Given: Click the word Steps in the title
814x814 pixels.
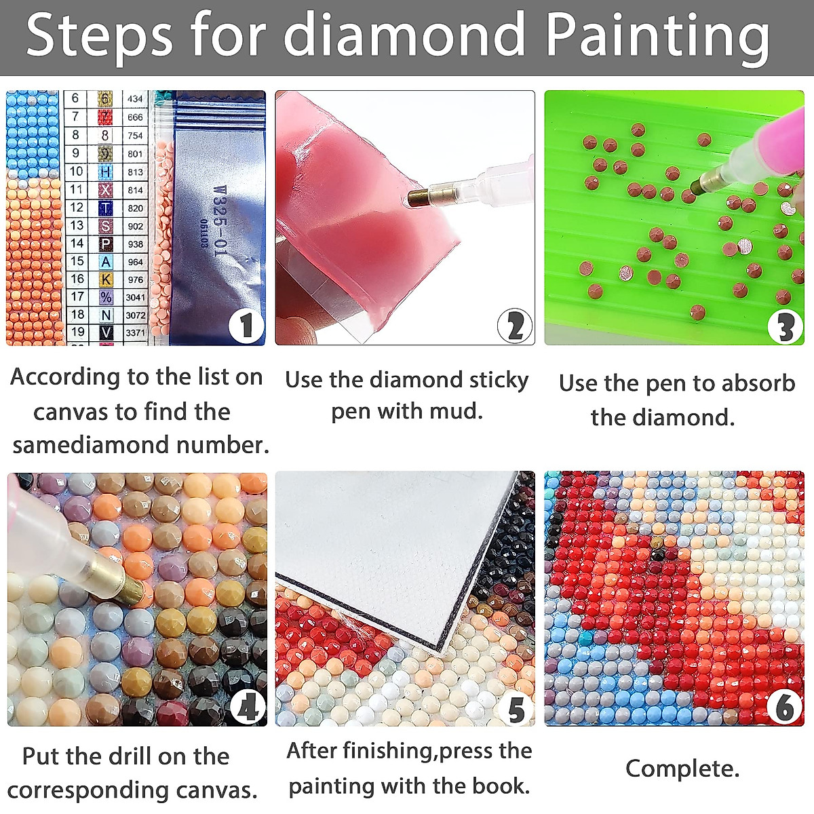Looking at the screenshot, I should (100, 35).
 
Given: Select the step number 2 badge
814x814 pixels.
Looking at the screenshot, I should (514, 327).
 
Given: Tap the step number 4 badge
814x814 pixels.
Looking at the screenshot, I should (247, 708).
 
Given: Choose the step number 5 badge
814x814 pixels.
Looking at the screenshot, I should (516, 709).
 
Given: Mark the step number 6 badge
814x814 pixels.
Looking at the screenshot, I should (785, 708).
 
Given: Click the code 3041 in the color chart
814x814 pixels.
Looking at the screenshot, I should (135, 297).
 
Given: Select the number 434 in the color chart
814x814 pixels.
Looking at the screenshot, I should (135, 99).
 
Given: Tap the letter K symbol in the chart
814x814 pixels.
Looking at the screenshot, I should (106, 279).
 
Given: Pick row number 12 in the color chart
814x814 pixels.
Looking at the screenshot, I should (77, 208).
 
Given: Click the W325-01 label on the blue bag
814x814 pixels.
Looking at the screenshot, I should (218, 221).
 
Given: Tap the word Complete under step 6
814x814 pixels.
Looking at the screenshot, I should (682, 769).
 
